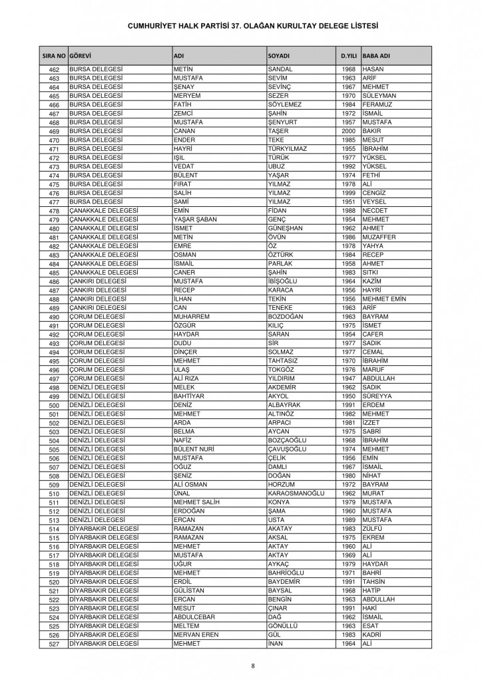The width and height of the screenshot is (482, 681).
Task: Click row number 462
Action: pos(54,70)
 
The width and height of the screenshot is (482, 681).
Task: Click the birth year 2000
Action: pos(348,132)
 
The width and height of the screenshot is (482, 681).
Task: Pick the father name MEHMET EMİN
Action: pos(384,299)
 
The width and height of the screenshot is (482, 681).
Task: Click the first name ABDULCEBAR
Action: pos(195,617)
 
